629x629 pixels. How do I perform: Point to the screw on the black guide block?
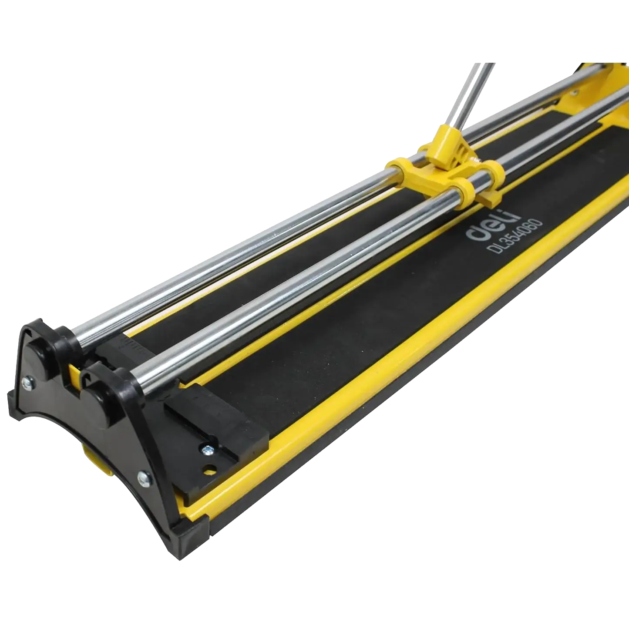(207, 450)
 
